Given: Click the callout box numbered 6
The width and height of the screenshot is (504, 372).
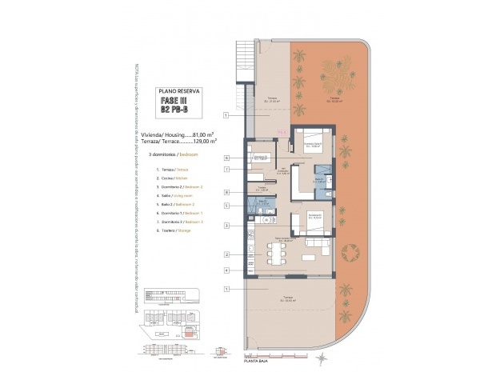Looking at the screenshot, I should tap(227, 158).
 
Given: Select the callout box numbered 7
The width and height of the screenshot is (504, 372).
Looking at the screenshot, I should tap(227, 170).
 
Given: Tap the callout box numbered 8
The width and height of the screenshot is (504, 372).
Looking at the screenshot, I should tap(227, 192).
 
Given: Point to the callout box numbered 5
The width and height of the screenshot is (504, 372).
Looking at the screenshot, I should tap(227, 206).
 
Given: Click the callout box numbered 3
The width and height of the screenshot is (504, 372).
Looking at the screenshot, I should tap(227, 226).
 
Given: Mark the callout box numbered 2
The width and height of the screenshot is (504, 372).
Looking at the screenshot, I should tap(227, 255).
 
